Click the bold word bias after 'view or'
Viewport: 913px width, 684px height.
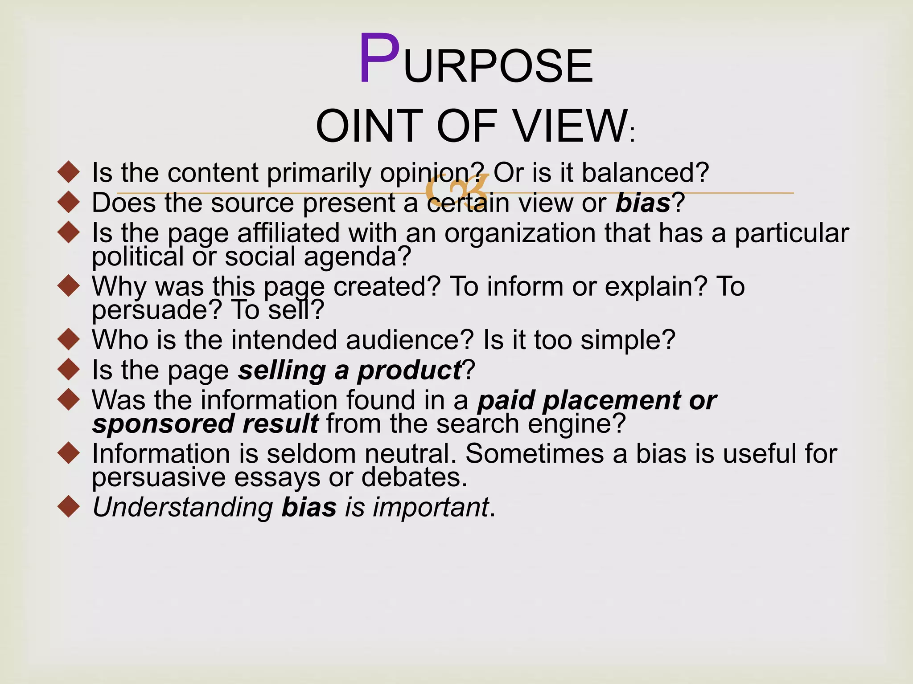point(643,203)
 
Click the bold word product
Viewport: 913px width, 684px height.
point(409,370)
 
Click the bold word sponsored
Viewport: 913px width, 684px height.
point(163,423)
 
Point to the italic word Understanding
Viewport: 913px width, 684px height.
point(183,507)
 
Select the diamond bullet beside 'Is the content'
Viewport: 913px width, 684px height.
point(69,172)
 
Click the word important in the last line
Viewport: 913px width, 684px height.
point(431,507)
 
